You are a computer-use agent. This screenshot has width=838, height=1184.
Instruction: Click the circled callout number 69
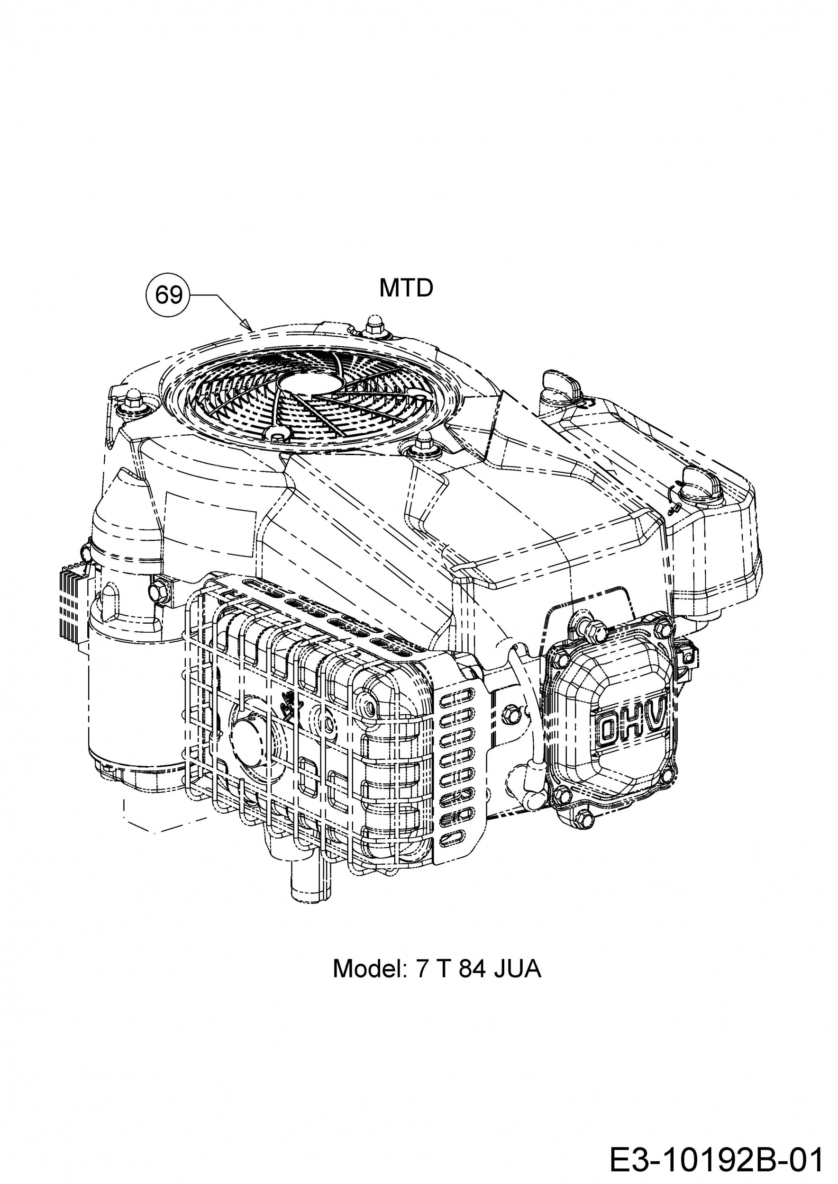(x=169, y=296)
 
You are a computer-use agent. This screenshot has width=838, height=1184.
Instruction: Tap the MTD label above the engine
(x=406, y=288)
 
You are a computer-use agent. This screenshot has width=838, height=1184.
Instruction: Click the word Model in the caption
(x=371, y=969)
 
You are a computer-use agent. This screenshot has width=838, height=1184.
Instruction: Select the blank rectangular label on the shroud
(x=211, y=525)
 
